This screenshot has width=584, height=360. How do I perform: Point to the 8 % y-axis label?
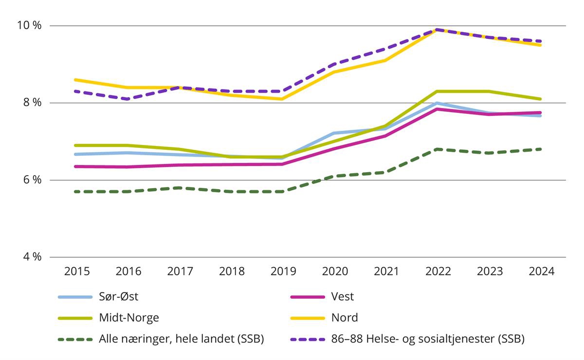click(x=32, y=103)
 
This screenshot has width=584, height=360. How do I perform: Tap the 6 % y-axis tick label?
click(x=32, y=180)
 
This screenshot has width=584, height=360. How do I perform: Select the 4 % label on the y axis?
click(x=32, y=257)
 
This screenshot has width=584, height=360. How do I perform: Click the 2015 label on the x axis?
click(x=77, y=271)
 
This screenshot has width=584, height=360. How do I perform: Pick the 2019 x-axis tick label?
click(x=282, y=271)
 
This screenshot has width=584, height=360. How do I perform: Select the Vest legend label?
click(x=343, y=296)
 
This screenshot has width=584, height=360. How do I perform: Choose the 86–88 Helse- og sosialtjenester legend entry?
click(x=427, y=339)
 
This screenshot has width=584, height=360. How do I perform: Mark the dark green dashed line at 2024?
click(x=540, y=149)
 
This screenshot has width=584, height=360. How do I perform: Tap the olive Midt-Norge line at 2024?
click(x=540, y=99)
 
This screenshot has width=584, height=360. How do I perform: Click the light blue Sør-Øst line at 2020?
click(x=333, y=133)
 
